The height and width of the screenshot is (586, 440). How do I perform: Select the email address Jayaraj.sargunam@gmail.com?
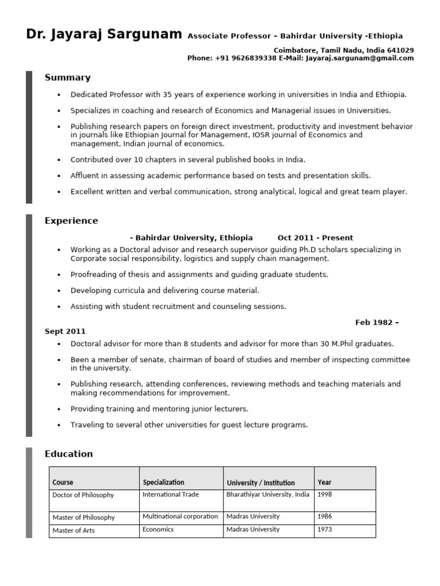click(x=359, y=58)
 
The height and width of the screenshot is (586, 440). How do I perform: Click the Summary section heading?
click(x=68, y=78)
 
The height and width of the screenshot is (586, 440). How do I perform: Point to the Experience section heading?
click(x=71, y=221)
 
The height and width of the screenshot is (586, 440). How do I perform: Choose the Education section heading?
click(x=68, y=454)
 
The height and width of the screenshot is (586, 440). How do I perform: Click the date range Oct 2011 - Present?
click(x=315, y=237)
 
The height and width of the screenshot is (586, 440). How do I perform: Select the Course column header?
click(x=63, y=482)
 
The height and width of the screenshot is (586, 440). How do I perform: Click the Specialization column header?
click(x=163, y=482)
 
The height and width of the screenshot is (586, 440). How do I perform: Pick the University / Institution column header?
click(x=261, y=482)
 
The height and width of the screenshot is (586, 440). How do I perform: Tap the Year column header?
click(x=324, y=482)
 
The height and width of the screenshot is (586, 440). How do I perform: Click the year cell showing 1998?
click(x=324, y=494)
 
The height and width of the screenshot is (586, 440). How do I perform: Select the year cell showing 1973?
click(x=324, y=530)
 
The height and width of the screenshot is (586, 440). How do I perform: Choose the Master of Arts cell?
click(x=73, y=530)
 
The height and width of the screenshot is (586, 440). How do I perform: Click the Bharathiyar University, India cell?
click(x=268, y=494)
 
